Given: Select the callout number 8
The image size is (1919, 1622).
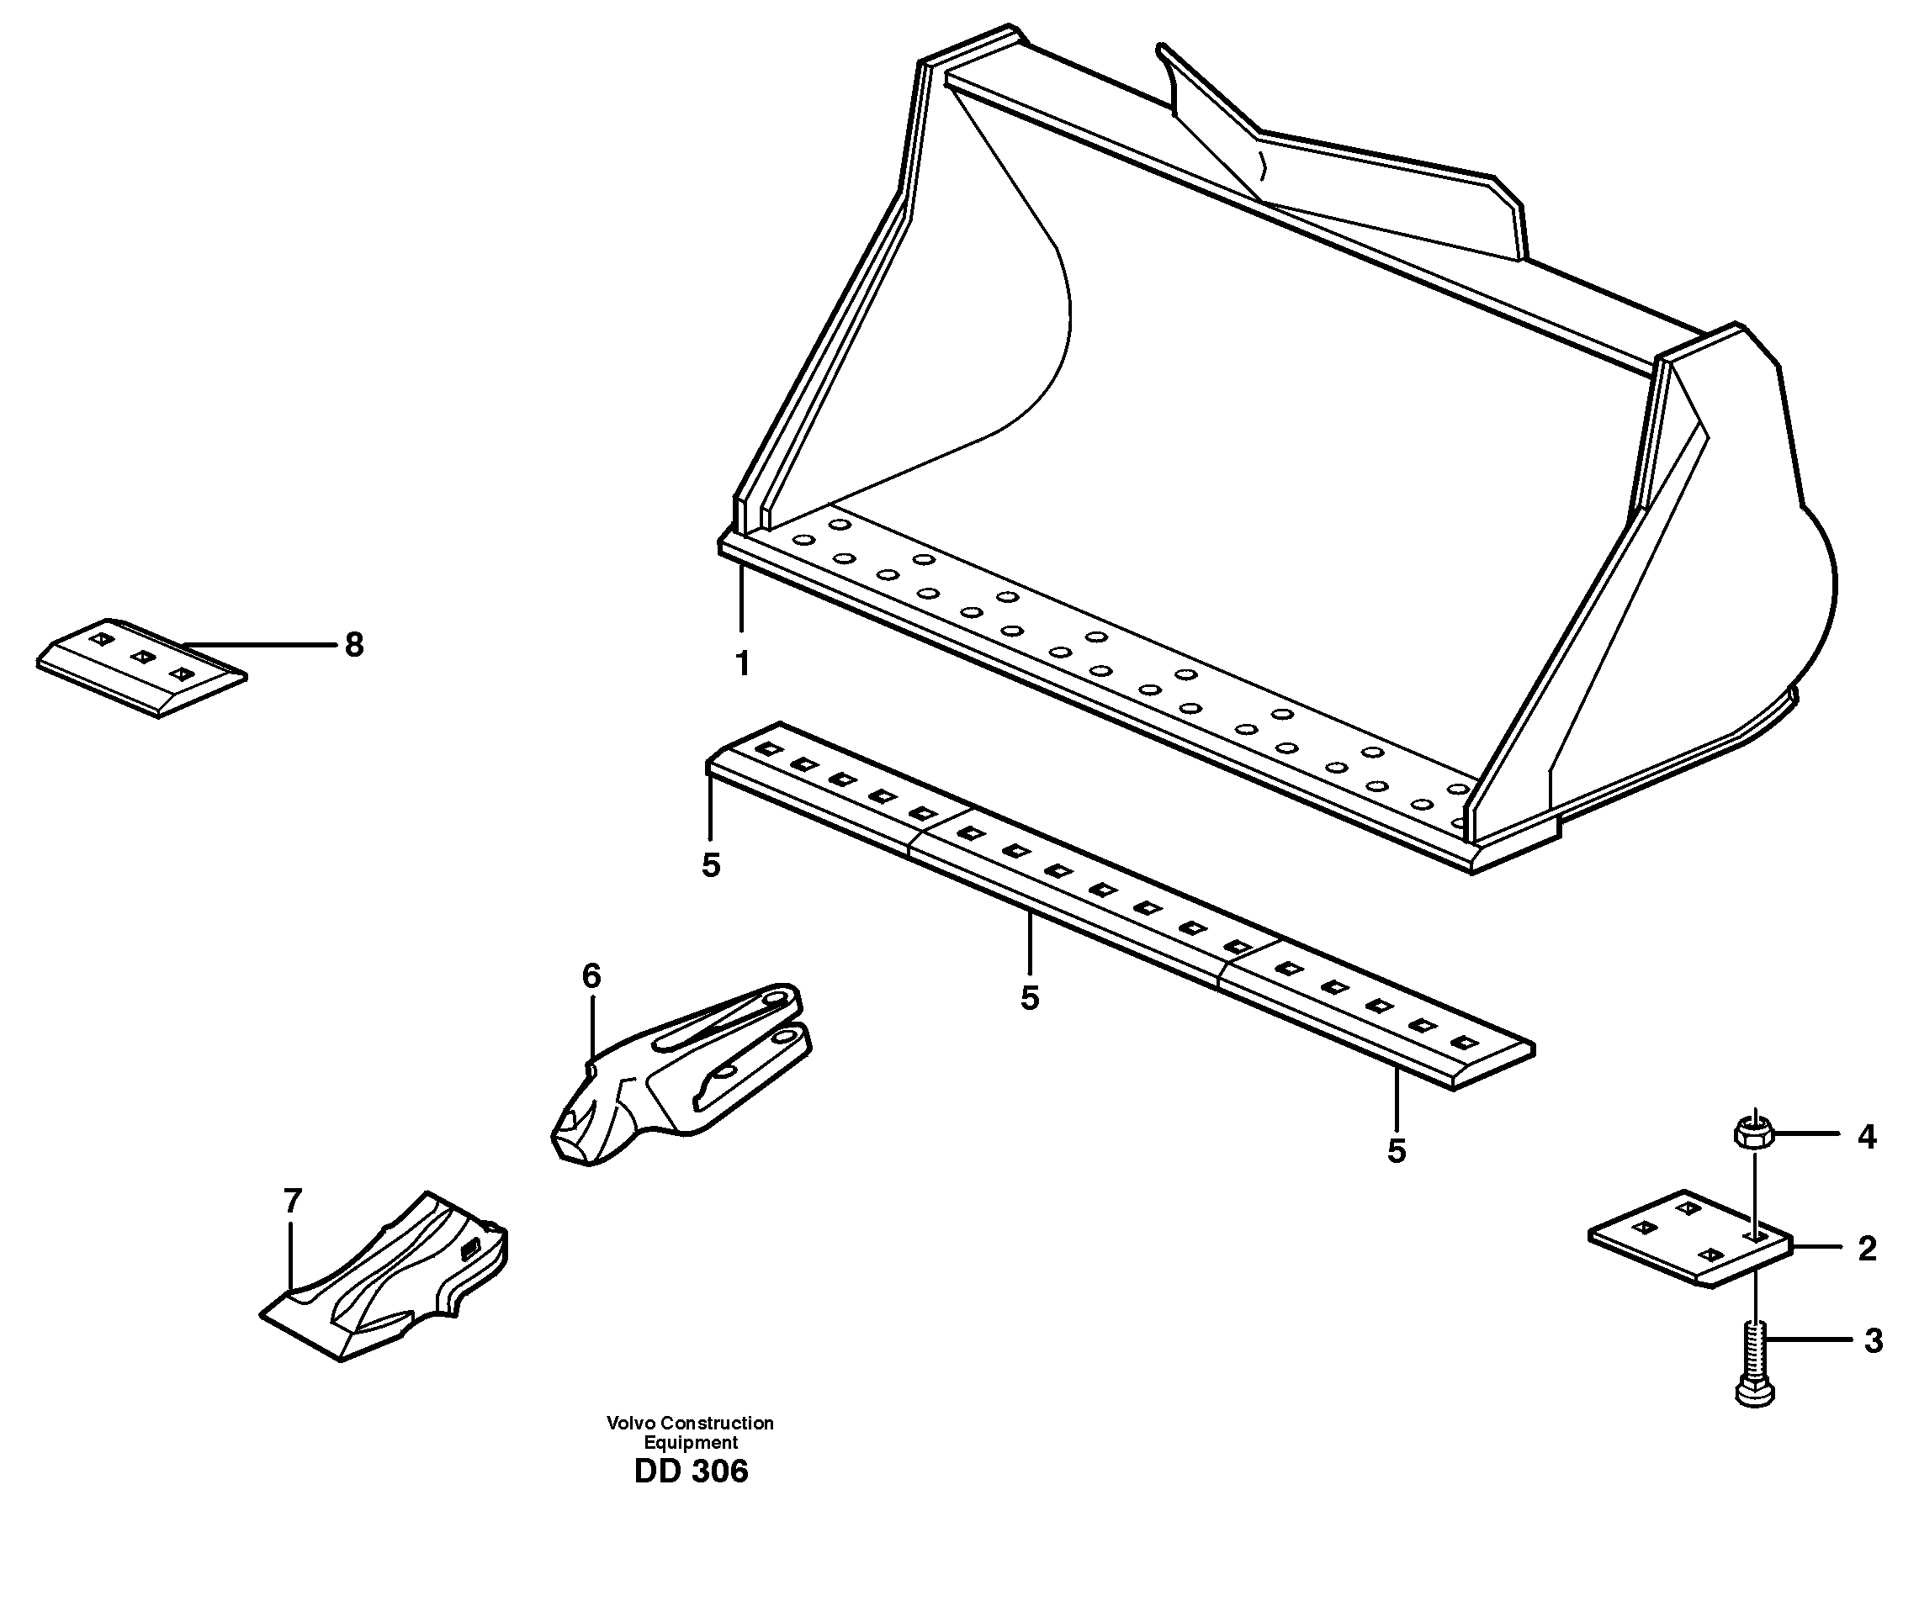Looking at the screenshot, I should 354,646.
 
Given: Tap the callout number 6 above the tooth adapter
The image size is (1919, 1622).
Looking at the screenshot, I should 591,976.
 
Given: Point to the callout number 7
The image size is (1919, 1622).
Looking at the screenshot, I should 293,1201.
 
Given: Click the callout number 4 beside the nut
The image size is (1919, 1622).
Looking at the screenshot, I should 1867,1138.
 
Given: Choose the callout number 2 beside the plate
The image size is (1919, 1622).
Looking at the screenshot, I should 1867,1249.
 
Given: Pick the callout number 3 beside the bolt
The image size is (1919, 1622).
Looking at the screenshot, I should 1873,1341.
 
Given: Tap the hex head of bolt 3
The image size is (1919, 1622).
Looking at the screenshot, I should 1755,1392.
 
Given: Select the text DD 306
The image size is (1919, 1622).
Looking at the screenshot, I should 691,1472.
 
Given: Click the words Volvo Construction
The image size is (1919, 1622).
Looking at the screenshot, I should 690,1424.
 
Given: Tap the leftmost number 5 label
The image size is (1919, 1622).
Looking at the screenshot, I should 711,865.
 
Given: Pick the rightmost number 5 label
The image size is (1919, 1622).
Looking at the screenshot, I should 1397,1151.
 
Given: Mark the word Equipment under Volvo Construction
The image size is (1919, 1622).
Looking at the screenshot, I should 690,1443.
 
